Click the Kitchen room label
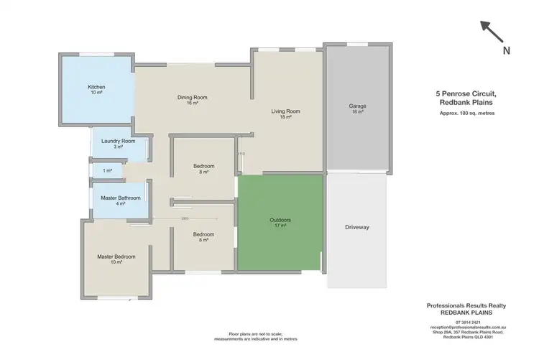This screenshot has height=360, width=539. click(96, 88)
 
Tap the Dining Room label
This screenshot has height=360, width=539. click(192, 98)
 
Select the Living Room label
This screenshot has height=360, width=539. click(285, 111)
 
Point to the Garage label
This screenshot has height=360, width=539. click(357, 106)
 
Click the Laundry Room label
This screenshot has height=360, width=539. click(119, 142)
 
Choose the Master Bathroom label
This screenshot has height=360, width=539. click(120, 198)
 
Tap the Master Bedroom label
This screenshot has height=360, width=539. click(116, 257)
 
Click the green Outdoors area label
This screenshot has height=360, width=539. click(280, 220)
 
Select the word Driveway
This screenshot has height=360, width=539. click(356, 227)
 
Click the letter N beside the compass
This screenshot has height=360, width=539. click(507, 50)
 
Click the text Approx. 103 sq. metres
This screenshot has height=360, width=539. click(471, 114)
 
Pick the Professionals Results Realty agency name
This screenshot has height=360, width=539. click(471, 305)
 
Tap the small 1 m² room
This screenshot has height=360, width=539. click(108, 170)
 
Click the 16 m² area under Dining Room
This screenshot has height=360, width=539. click(192, 103)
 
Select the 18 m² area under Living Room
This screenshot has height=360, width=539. click(285, 117)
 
